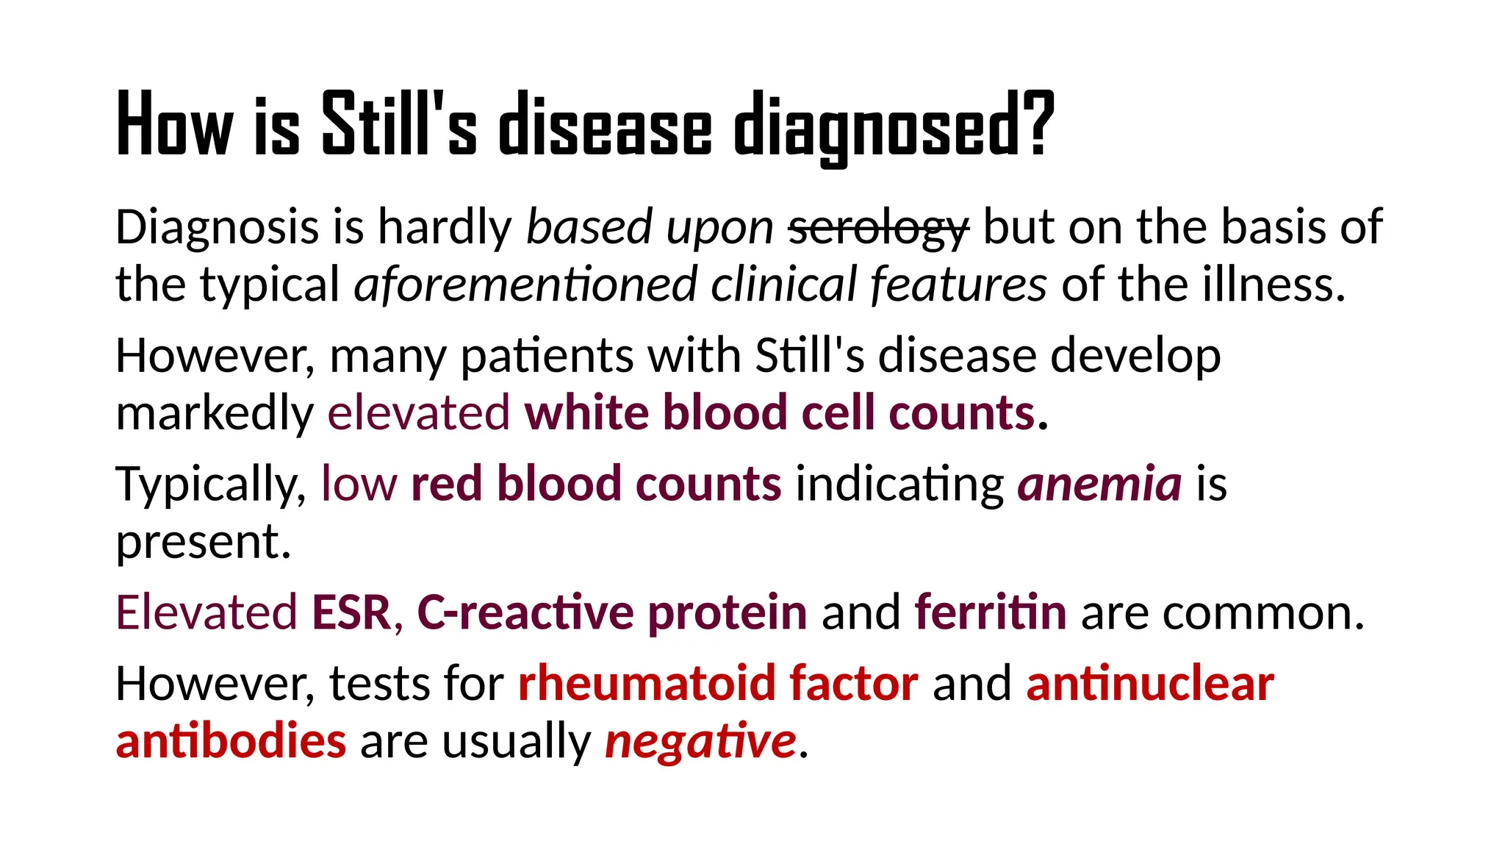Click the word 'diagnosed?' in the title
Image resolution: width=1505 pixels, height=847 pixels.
tap(894, 125)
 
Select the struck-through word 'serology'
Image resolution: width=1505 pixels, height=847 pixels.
tap(878, 227)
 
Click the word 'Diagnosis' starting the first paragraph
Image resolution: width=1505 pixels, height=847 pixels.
tap(218, 227)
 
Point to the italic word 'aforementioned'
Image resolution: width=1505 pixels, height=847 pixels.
tap(525, 285)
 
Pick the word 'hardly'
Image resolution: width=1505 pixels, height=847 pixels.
tap(445, 227)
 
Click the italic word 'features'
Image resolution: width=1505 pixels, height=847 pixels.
tap(958, 285)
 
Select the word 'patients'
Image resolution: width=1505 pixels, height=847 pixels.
tap(547, 357)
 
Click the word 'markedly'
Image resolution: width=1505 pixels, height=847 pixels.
tap(215, 413)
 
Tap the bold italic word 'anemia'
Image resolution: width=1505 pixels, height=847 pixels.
tap(1099, 485)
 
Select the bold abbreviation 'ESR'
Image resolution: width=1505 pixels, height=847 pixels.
tap(351, 612)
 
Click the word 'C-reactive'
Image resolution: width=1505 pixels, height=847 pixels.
tap(525, 612)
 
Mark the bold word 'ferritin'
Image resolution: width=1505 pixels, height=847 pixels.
tap(990, 612)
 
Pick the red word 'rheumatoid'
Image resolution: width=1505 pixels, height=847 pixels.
tap(646, 684)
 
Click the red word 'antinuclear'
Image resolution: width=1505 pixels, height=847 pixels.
tap(1150, 684)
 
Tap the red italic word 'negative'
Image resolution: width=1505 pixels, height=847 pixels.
tap(700, 741)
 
